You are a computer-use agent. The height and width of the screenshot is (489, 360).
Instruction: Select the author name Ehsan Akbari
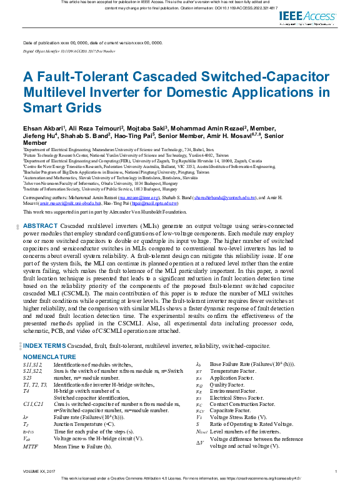tap(44, 127)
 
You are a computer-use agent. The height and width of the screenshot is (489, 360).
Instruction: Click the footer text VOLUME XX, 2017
tap(39, 471)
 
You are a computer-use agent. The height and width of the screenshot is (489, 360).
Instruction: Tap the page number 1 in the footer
tap(336, 471)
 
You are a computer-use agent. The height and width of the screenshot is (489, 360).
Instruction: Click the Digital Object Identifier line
tap(69, 51)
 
